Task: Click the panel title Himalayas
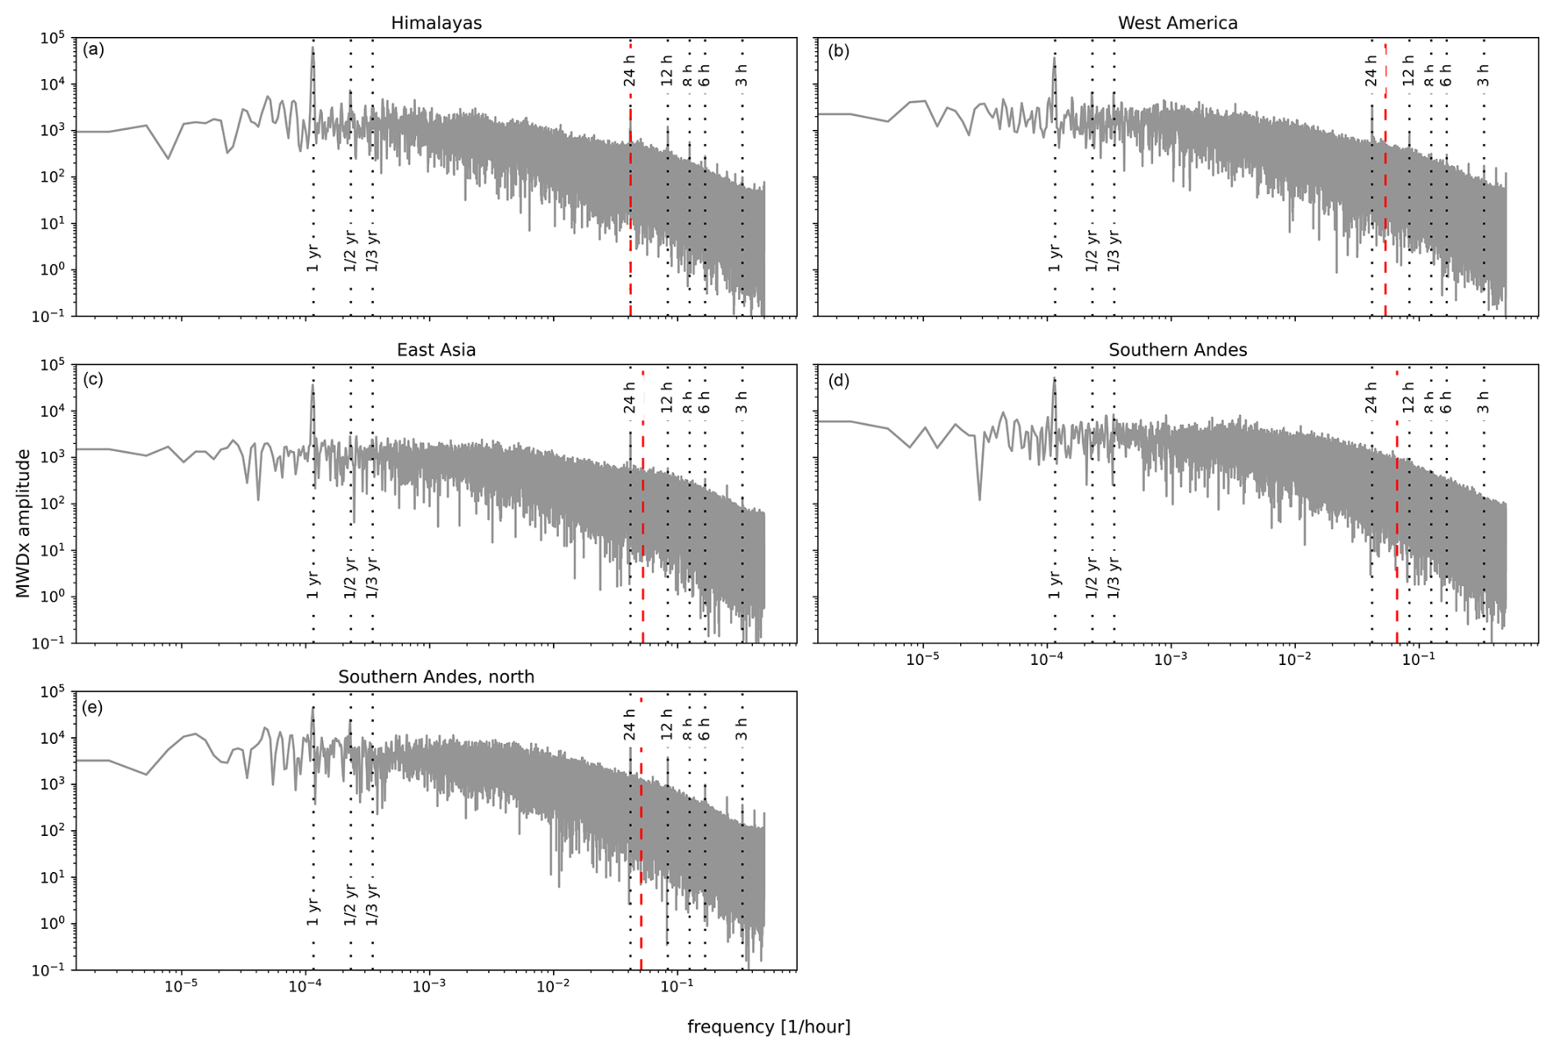point(436,23)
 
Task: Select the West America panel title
point(1177,23)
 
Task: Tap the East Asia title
point(436,350)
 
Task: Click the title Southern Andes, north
point(436,677)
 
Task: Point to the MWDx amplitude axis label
point(22,523)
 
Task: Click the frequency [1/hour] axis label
point(768,1027)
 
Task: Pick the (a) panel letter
point(94,49)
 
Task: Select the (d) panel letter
point(839,381)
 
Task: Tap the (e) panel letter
point(94,708)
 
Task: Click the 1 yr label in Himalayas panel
point(313,256)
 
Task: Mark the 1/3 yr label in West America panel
point(1114,251)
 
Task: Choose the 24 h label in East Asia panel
point(630,398)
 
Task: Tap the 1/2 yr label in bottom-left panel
point(350,904)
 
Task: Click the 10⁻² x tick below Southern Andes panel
point(1294,659)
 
